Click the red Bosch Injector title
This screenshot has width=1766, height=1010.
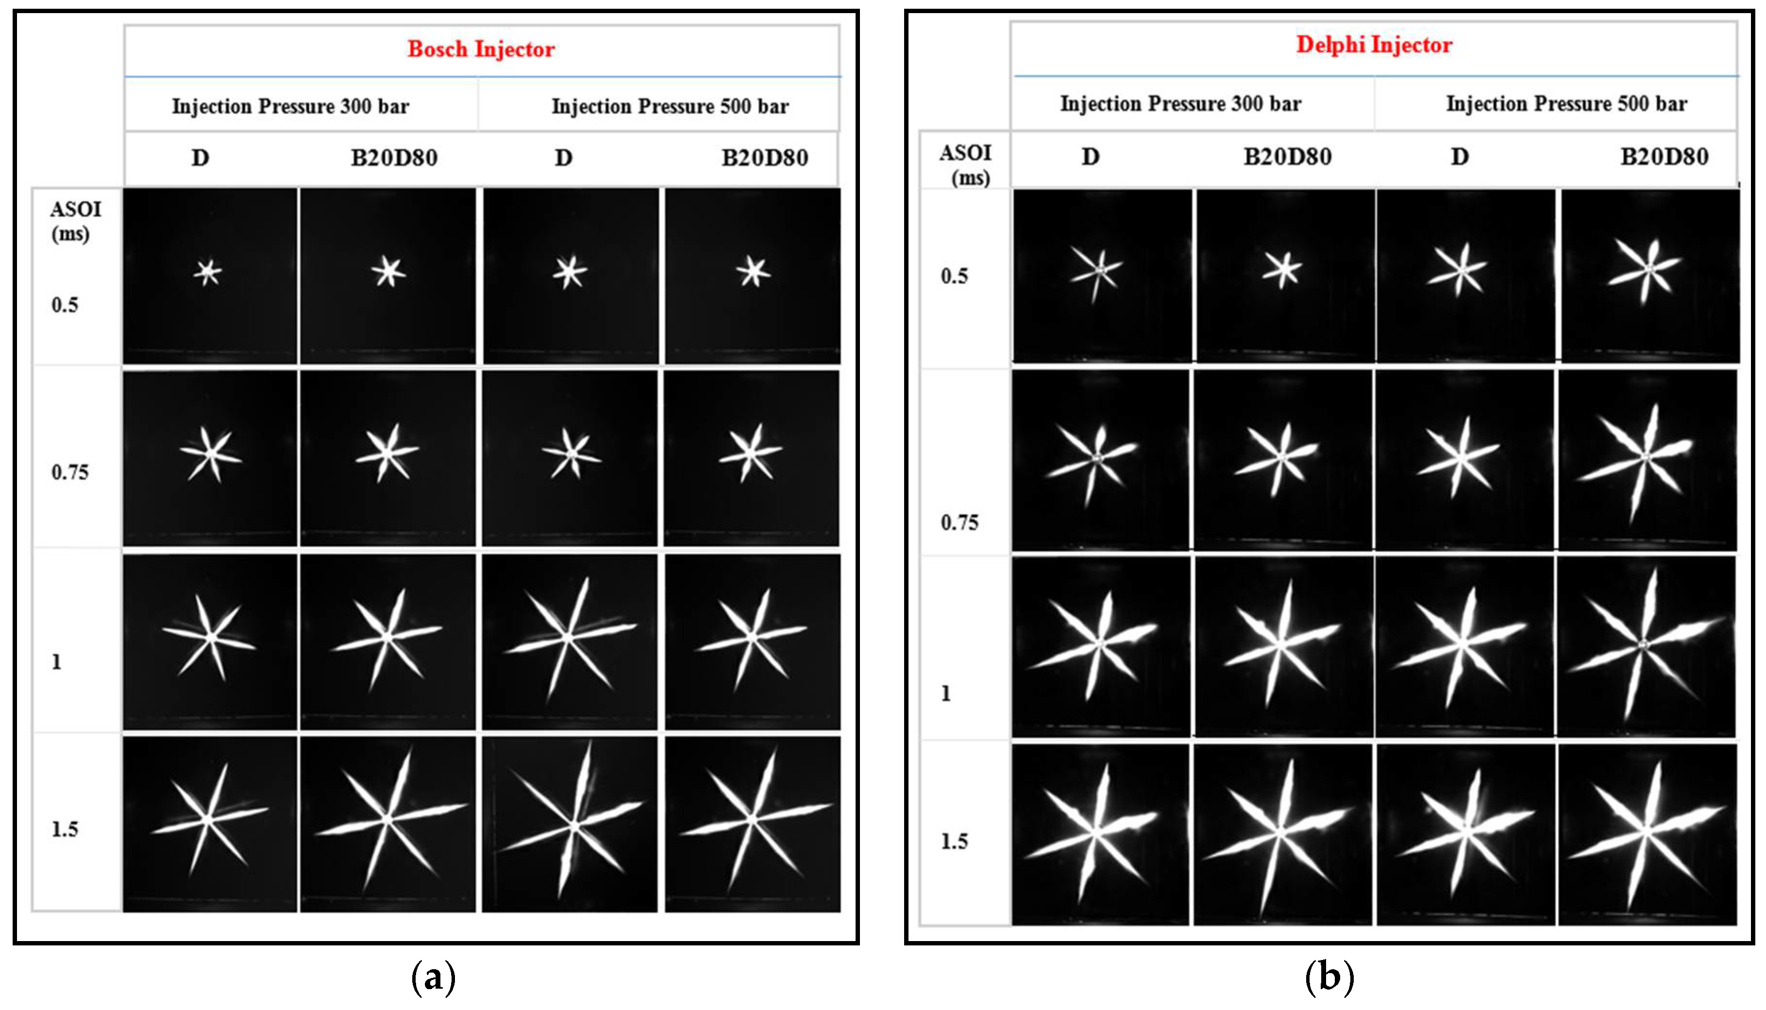(481, 49)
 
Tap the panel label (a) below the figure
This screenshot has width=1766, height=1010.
(434, 977)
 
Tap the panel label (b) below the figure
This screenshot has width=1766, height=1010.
(1329, 977)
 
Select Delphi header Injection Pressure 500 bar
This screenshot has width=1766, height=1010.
(1566, 104)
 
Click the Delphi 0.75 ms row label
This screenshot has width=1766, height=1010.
(959, 522)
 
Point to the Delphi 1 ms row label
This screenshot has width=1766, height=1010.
(946, 694)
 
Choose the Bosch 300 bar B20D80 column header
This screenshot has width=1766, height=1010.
(394, 158)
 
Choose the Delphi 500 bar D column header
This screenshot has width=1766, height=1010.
(1460, 157)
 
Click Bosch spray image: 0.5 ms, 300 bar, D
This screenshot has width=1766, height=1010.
(209, 275)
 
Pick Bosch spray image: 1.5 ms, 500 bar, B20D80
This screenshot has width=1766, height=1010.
(753, 824)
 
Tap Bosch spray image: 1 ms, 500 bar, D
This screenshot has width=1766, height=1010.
(570, 641)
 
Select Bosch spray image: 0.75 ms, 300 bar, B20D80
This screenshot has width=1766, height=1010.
(388, 458)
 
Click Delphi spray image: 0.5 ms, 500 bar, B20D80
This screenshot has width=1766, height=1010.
(1650, 275)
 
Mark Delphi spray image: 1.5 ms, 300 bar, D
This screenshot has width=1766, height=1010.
(1100, 835)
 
